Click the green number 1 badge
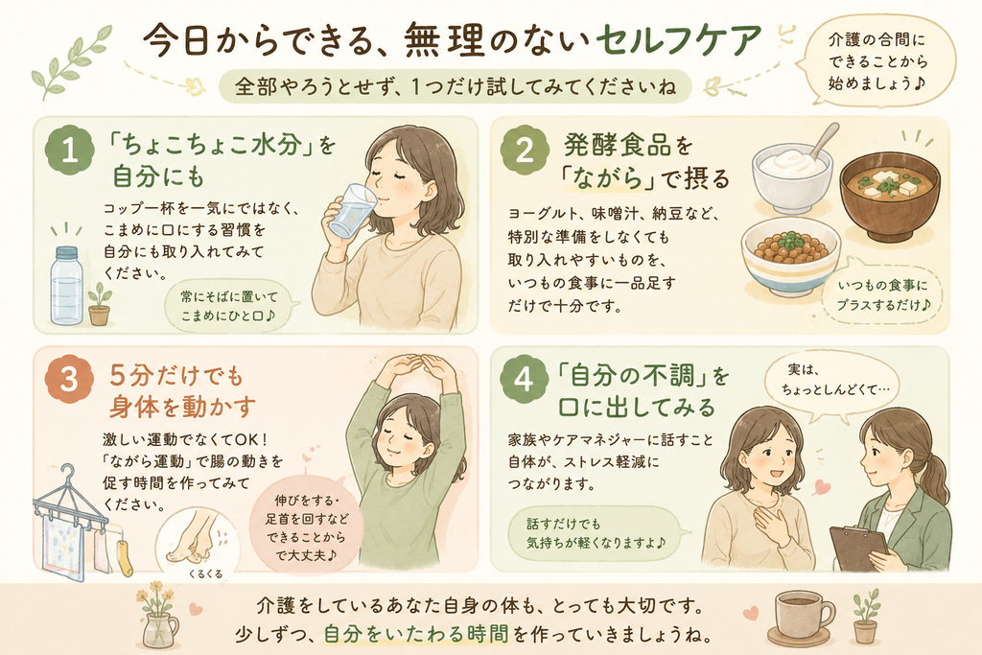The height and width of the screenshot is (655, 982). click(69, 151)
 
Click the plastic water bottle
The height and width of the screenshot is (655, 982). click(66, 286)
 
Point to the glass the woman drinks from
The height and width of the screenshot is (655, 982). click(351, 210)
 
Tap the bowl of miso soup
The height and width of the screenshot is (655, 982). click(889, 198)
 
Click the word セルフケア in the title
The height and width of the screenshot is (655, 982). click(678, 41)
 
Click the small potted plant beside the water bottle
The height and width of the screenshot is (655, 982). click(99, 304)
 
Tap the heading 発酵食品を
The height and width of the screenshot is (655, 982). click(627, 146)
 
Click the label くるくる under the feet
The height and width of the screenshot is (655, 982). click(205, 573)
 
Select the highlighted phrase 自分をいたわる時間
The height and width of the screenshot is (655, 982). click(416, 634)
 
